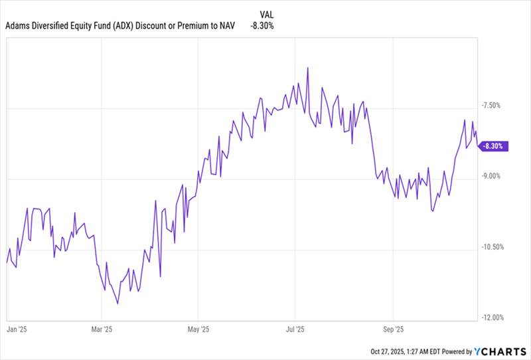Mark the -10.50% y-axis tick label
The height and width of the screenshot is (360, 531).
coord(494,247)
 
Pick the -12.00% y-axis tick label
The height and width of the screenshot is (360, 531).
coord(494,317)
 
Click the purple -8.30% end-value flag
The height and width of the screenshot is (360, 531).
coord(494,146)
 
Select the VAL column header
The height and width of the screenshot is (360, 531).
coord(264,13)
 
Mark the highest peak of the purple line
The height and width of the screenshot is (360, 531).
coord(307,68)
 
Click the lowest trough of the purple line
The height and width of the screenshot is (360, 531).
coord(117,304)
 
